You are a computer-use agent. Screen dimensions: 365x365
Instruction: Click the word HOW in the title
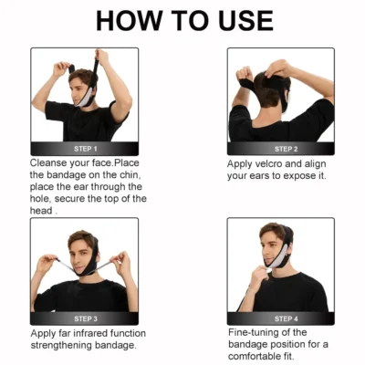[x=128, y=21]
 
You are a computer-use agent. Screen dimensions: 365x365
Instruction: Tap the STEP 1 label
[x=86, y=149]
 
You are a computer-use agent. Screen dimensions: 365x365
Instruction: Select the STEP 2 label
[x=286, y=149]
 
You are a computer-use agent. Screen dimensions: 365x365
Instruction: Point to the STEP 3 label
[x=86, y=318]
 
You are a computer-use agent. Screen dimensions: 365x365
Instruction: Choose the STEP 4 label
[x=286, y=318]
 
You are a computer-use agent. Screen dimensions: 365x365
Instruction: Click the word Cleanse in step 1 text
[x=48, y=163]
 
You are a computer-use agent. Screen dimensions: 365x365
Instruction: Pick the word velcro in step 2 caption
[x=269, y=164]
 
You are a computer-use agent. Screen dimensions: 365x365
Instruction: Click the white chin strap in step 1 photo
[x=86, y=98]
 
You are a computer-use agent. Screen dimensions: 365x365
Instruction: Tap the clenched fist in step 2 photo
[x=245, y=74]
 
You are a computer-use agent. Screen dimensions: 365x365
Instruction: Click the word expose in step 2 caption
[x=297, y=176]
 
